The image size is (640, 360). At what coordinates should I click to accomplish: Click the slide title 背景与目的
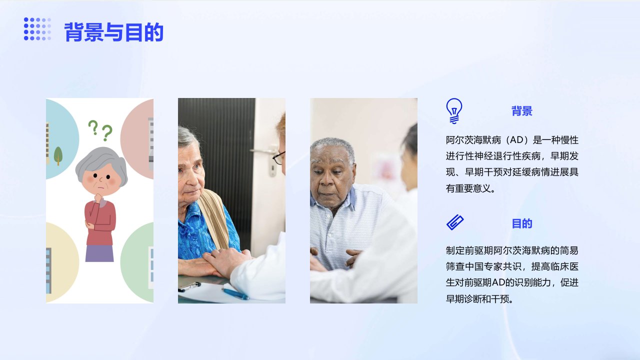(113, 32)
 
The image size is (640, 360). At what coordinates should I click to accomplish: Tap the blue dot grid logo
(37, 29)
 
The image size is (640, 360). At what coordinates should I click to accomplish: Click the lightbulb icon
(454, 111)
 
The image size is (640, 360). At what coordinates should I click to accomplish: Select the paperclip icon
(455, 222)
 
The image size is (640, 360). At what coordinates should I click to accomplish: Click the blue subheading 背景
(521, 111)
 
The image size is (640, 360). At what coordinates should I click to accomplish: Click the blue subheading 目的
(521, 223)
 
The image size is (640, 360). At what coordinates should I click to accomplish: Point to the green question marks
(100, 130)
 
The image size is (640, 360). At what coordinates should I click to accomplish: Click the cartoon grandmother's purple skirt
(99, 253)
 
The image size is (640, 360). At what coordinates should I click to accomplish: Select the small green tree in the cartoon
(58, 155)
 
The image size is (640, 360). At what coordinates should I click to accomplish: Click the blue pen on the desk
(235, 293)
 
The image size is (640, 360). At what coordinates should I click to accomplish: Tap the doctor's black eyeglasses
(279, 157)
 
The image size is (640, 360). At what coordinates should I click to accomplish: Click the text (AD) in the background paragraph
(517, 140)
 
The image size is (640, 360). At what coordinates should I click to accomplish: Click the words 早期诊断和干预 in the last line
(477, 299)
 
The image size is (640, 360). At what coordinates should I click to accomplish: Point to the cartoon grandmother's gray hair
(102, 163)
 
